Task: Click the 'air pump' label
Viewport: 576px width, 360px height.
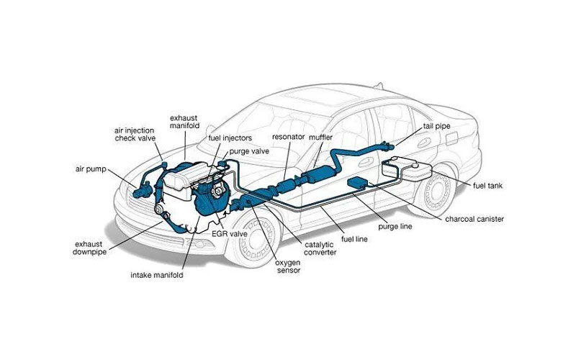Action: pos(91,170)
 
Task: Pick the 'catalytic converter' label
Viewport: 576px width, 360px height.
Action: pos(320,248)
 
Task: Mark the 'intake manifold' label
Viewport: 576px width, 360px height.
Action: pos(156,275)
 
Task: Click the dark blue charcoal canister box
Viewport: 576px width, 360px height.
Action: pos(356,185)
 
